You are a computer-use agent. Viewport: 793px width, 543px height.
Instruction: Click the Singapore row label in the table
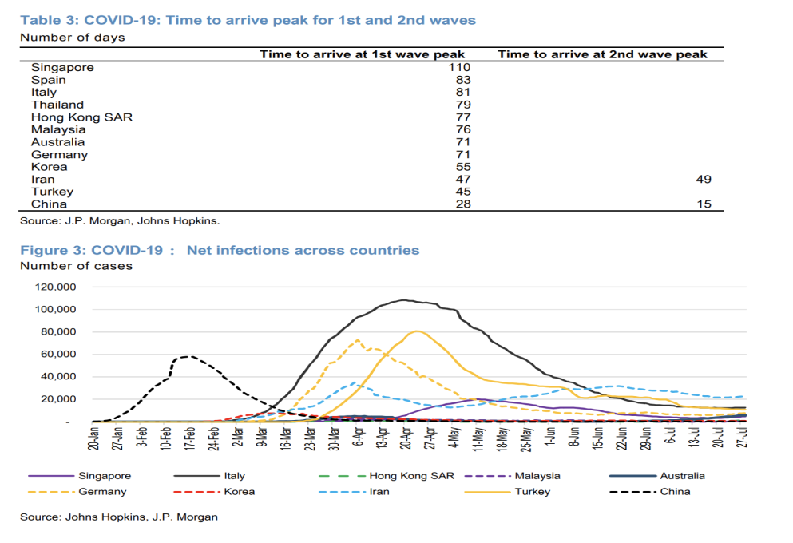62,68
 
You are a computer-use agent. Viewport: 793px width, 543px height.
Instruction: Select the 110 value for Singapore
460,68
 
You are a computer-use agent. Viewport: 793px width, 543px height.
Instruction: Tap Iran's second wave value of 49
703,180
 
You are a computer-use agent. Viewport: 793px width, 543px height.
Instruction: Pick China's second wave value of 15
703,204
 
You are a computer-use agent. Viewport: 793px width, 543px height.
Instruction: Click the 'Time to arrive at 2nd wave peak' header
602,54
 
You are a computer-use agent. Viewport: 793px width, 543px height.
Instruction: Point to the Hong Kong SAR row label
81,117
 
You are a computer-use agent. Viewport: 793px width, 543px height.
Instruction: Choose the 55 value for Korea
463,167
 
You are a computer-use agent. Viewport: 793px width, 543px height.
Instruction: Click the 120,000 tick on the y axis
55,287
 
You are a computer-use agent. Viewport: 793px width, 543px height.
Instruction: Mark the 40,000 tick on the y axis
58,376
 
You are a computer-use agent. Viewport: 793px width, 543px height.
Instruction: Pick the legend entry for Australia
681,476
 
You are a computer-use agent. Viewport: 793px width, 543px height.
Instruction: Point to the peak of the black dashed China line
188,356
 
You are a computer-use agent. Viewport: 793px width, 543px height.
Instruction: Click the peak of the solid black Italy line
405,300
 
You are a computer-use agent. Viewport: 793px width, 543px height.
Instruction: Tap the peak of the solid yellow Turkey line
418,331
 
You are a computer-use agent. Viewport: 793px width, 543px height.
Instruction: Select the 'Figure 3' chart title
220,251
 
